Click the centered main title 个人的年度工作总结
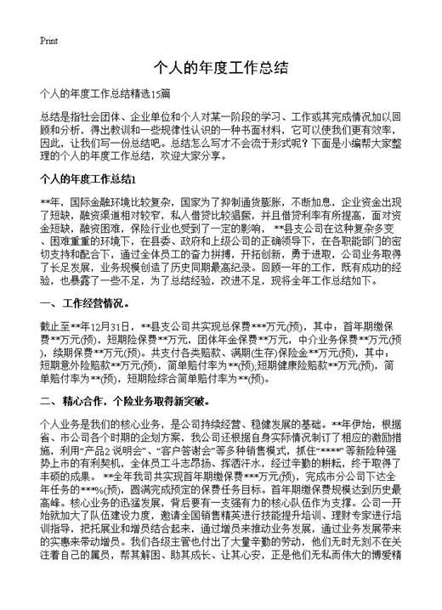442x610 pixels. [x=220, y=68]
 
